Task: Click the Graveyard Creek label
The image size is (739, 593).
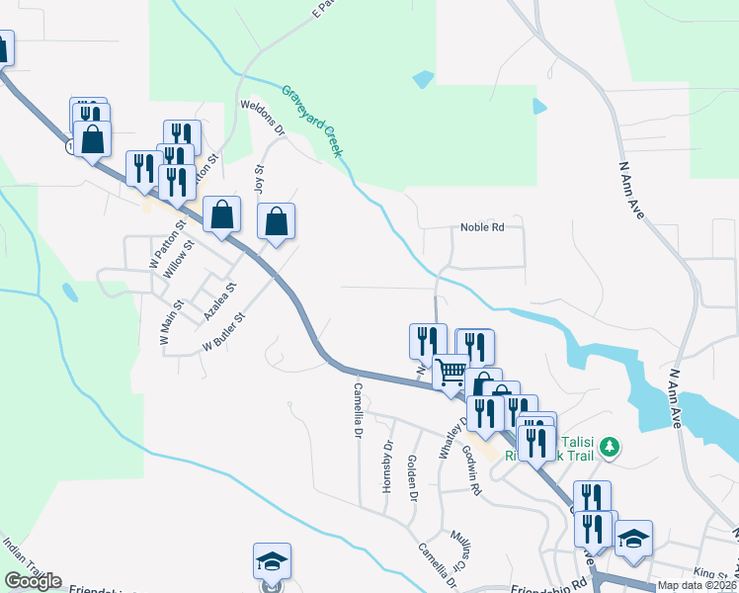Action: coord(312,120)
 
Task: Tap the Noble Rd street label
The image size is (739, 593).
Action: coord(482,227)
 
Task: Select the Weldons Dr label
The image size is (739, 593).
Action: coord(262,117)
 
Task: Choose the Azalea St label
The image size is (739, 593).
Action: coord(220,299)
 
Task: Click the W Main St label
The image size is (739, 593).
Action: coord(166,322)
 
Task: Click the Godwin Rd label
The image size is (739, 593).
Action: coord(471,469)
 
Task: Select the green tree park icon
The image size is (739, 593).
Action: coord(611,447)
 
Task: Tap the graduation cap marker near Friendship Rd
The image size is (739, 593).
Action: coord(272,561)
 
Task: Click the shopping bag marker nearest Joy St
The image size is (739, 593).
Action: coord(277,222)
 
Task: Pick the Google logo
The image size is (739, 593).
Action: coord(33,581)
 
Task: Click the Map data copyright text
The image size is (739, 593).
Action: coord(698,585)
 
